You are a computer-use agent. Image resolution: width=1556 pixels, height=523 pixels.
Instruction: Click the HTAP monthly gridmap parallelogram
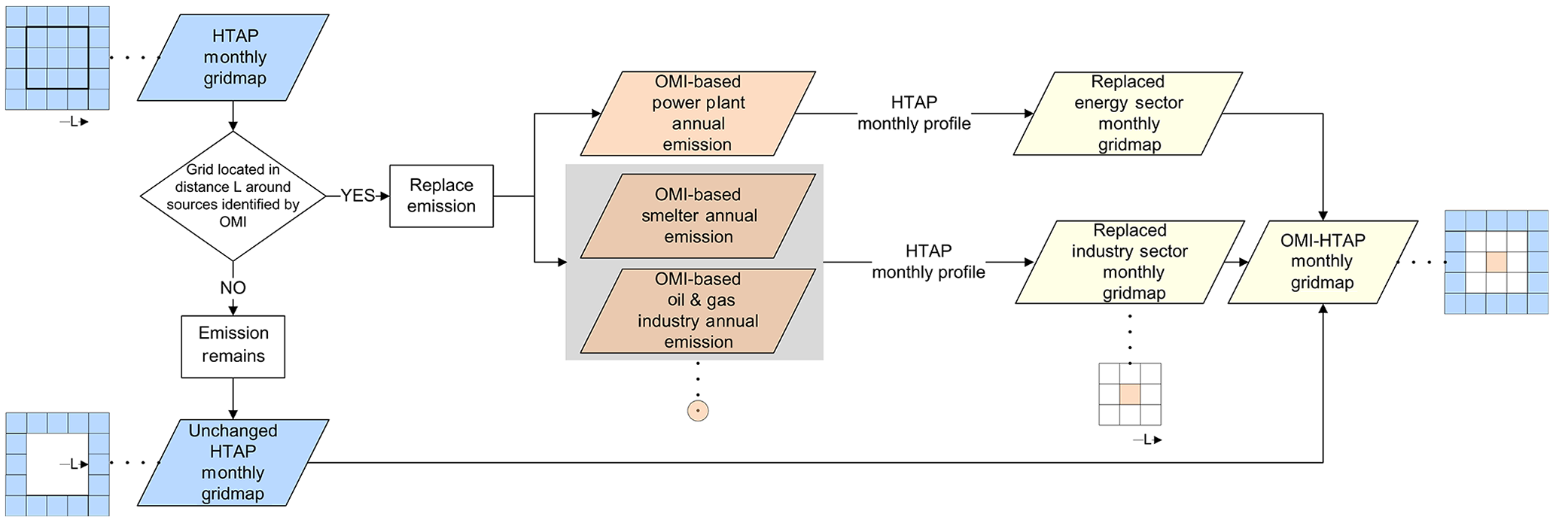click(x=233, y=57)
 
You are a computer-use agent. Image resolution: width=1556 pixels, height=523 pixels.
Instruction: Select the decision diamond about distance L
click(x=233, y=196)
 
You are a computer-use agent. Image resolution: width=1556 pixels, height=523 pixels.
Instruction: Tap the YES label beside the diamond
click(x=357, y=196)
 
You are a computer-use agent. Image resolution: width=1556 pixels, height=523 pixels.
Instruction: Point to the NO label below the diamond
click(x=233, y=287)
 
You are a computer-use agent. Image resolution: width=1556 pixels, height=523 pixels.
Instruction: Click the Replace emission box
click(x=441, y=196)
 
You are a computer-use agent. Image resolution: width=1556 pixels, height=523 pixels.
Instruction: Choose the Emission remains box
click(x=233, y=345)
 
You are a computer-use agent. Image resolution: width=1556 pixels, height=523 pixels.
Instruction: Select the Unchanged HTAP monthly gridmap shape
click(x=233, y=462)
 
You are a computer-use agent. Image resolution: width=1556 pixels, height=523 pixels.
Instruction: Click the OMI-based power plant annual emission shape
click(x=698, y=113)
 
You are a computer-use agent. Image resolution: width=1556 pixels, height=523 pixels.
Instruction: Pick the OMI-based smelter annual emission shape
click(x=698, y=216)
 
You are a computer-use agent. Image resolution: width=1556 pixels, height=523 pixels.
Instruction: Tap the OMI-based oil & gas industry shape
click(x=698, y=310)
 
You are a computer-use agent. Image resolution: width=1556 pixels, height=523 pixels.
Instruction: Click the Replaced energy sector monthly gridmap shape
click(x=1128, y=113)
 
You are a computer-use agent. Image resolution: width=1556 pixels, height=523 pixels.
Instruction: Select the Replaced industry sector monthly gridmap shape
click(x=1130, y=262)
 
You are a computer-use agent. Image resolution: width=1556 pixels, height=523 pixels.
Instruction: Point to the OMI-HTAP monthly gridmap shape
click(x=1323, y=262)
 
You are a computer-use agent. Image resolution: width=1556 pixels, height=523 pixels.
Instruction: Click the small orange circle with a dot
click(x=698, y=411)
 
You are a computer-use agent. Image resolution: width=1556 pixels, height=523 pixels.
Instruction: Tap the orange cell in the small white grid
click(x=1130, y=395)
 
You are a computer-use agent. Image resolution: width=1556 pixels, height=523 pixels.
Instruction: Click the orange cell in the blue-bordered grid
click(x=1497, y=262)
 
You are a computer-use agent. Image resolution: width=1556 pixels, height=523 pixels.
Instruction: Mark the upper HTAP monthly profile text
click(x=914, y=113)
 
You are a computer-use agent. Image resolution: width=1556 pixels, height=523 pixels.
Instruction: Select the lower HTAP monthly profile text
click(x=928, y=262)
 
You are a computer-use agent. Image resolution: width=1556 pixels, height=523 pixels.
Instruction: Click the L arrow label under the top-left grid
click(x=74, y=122)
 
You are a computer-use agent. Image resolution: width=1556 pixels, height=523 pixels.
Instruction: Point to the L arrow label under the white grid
click(x=1146, y=440)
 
